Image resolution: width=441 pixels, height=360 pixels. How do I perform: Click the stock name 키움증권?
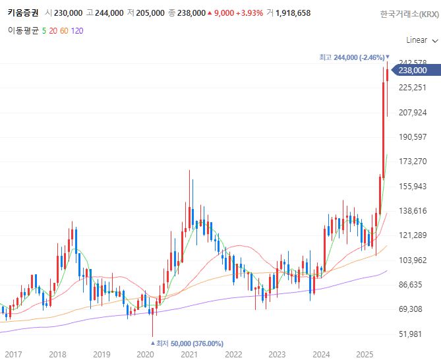tap(22, 13)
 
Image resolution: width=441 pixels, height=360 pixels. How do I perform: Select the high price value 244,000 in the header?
tap(110, 13)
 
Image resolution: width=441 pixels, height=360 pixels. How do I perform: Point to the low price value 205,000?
tap(151, 13)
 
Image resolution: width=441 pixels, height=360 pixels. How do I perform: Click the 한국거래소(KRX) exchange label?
tap(408, 14)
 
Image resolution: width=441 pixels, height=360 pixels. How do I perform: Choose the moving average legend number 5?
tap(44, 30)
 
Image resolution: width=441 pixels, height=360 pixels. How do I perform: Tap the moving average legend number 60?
tap(64, 30)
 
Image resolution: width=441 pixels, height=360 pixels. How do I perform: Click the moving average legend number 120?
tap(77, 30)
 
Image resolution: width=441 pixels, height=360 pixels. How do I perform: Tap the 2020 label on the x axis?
tap(145, 354)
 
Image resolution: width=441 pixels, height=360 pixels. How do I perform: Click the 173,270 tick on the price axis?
tap(413, 162)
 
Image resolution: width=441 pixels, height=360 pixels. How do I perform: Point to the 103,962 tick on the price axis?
tap(413, 260)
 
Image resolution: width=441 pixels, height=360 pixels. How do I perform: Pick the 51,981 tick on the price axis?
tap(413, 334)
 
